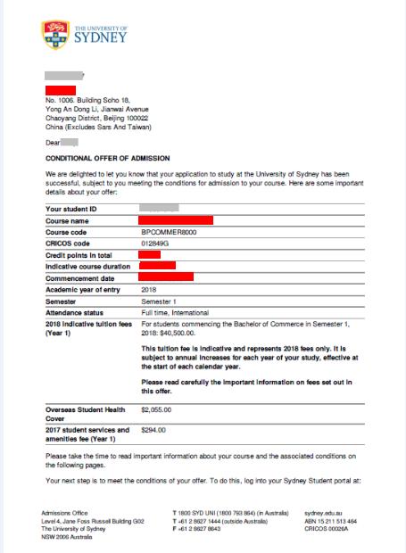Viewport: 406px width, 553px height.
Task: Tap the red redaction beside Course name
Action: tap(176, 219)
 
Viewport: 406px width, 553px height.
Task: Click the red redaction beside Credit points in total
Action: tap(150, 254)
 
